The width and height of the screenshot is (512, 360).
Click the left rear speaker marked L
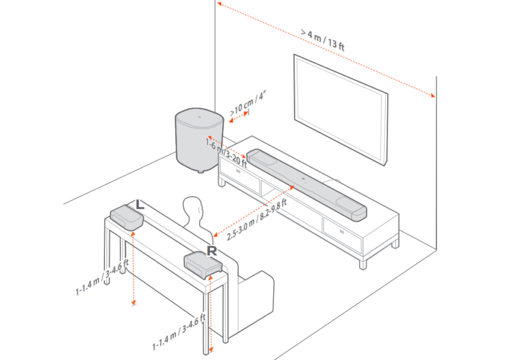click(126, 217)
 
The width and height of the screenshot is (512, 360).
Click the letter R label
click(212, 250)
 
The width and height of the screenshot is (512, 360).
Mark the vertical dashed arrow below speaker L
click(132, 269)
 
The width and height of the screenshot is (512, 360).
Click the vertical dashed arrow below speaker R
click(211, 314)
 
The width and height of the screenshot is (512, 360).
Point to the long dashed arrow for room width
click(327, 51)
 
